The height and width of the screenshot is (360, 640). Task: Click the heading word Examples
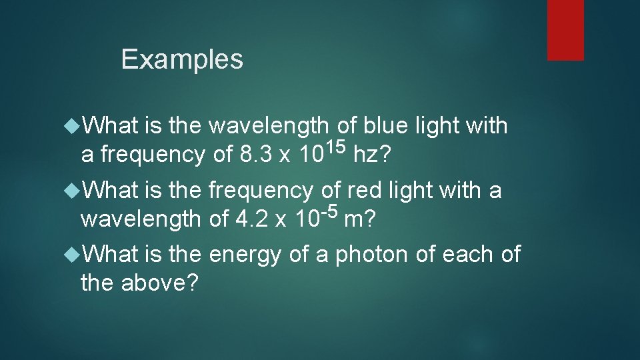(182, 59)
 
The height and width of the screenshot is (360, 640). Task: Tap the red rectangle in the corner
(565, 30)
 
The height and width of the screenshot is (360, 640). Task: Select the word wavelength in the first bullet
(269, 125)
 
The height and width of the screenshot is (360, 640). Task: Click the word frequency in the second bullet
(261, 191)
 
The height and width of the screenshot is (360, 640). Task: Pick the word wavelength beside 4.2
(140, 219)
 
